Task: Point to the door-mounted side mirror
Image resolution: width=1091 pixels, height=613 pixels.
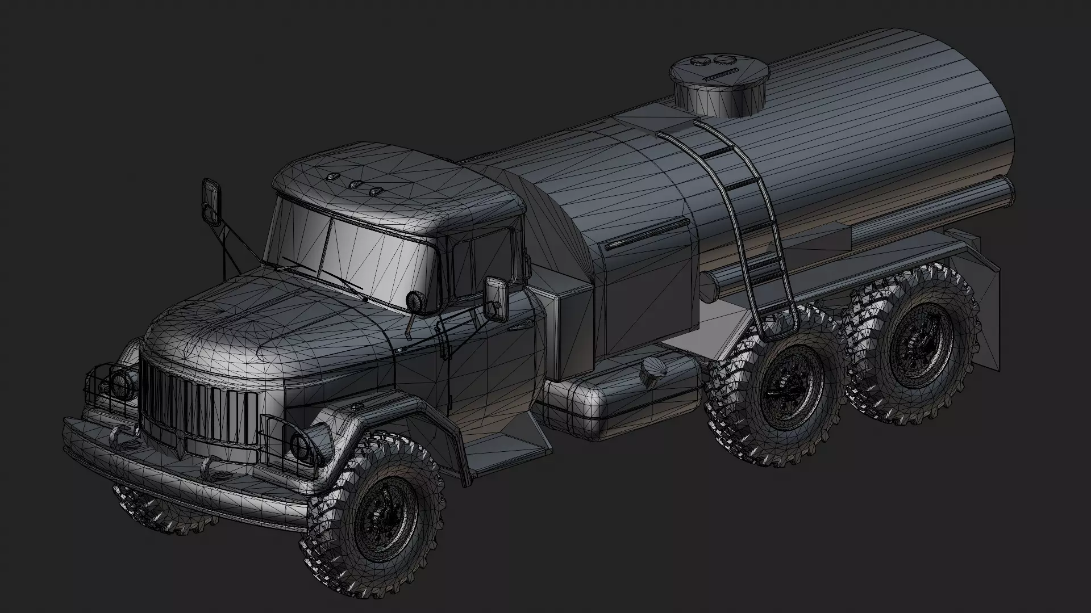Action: click(494, 297)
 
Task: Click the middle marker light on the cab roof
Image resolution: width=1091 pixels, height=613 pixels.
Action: click(356, 184)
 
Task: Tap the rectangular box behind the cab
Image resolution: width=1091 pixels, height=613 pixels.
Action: click(574, 335)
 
